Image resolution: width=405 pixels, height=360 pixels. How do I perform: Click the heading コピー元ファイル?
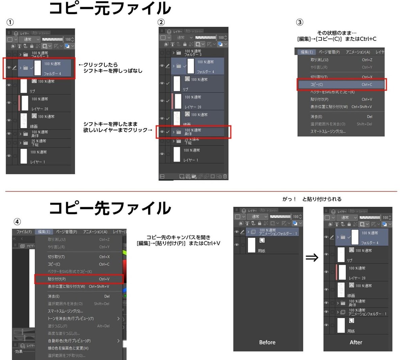pos(110,8)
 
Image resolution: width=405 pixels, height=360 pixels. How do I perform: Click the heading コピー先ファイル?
pos(110,208)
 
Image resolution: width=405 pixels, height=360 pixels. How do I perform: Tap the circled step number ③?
pos(299,22)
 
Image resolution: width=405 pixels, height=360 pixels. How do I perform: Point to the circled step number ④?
pos(17,222)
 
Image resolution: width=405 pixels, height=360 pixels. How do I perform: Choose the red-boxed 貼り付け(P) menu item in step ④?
pos(79,279)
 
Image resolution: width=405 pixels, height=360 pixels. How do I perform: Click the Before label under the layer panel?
pos(267,342)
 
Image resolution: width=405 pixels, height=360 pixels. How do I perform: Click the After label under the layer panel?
pos(356,342)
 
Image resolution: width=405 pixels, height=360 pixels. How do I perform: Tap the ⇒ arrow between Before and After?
pos(312,258)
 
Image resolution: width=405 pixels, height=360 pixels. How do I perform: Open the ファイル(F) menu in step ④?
pos(24,232)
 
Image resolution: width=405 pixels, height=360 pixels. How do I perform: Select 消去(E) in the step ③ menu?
pos(316,116)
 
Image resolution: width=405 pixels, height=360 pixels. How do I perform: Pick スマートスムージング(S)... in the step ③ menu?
pos(328,131)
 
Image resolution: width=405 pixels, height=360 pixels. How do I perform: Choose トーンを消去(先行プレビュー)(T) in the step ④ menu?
pos(71,319)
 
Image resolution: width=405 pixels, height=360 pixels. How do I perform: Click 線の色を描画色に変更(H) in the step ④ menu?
pos(68,348)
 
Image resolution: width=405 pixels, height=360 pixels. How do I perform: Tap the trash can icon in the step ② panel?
pos(225,176)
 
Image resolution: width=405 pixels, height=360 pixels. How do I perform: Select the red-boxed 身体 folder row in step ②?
pos(193,132)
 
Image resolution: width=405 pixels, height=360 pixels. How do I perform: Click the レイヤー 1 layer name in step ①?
pos(37,162)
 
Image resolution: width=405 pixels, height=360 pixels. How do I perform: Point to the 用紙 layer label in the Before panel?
pos(262,251)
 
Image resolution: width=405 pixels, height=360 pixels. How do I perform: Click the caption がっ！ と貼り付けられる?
pos(312,199)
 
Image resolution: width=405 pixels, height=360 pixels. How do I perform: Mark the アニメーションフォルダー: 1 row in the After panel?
pos(364,312)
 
